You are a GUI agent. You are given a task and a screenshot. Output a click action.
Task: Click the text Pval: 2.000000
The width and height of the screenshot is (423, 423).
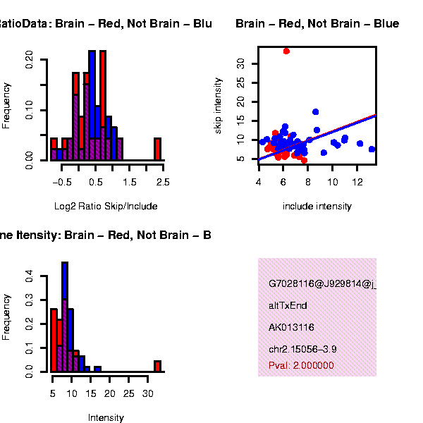(301, 365)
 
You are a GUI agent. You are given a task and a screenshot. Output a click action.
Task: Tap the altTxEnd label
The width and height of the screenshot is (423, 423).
(288, 306)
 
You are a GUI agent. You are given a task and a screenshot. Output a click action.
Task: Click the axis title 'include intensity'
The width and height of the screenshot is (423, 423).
(317, 207)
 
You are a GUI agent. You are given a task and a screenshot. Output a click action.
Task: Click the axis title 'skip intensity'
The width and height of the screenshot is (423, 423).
(219, 105)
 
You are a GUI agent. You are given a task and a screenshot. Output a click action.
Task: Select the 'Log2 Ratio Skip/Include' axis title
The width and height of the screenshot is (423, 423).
(106, 207)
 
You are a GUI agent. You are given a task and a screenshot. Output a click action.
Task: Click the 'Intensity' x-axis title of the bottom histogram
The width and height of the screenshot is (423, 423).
(106, 417)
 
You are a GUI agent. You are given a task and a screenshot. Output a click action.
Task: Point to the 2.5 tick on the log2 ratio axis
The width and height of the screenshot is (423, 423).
(163, 182)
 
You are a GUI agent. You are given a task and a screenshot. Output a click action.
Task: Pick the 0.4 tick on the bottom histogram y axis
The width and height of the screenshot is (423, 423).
(29, 278)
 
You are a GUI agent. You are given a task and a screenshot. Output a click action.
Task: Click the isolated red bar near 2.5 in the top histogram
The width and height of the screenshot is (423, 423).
(158, 149)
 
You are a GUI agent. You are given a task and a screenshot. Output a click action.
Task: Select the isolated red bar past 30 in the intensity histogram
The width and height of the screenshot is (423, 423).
(158, 366)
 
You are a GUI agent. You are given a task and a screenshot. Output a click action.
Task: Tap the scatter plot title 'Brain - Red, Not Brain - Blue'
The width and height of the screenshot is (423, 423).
(317, 24)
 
